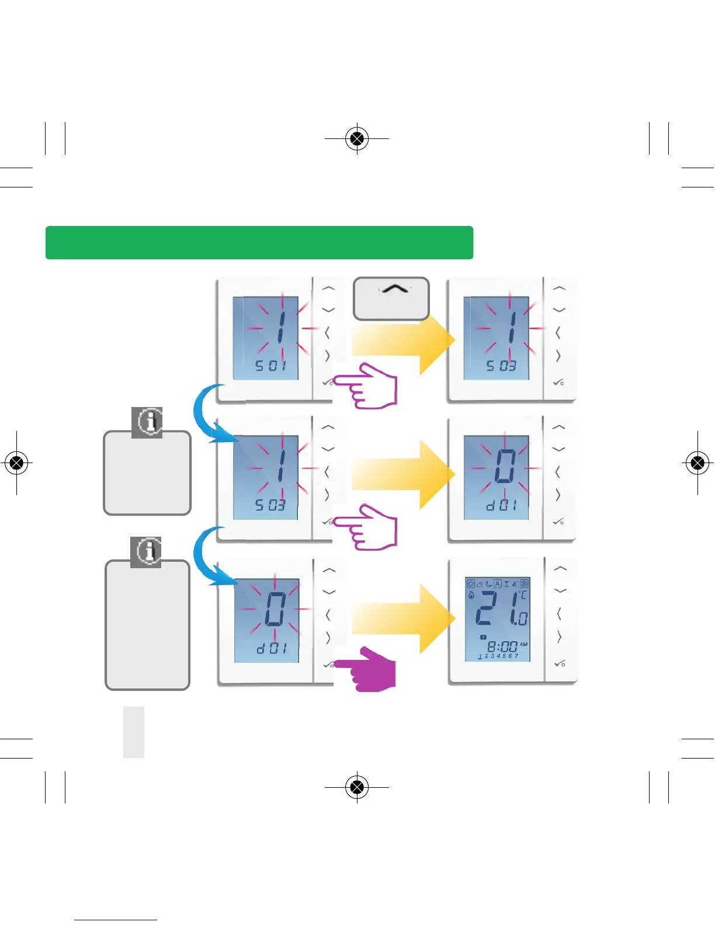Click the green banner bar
pyautogui.click(x=259, y=242)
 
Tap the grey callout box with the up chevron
pyautogui.click(x=391, y=298)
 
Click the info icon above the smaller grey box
pyautogui.click(x=147, y=422)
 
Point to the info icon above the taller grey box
pyautogui.click(x=146, y=552)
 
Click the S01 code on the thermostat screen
pyautogui.click(x=271, y=366)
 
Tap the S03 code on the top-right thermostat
pyautogui.click(x=502, y=366)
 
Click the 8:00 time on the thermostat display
pyautogui.click(x=502, y=646)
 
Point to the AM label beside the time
pyautogui.click(x=523, y=644)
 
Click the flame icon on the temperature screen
pyautogui.click(x=471, y=595)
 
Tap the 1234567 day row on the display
pyautogui.click(x=498, y=656)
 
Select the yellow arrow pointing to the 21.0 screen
pyautogui.click(x=403, y=619)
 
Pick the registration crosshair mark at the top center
pyautogui.click(x=357, y=139)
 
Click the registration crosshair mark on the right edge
pyautogui.click(x=697, y=463)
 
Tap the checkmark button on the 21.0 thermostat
pyautogui.click(x=560, y=663)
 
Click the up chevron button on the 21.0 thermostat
pyautogui.click(x=560, y=568)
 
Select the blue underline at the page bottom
pyautogui.click(x=116, y=920)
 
